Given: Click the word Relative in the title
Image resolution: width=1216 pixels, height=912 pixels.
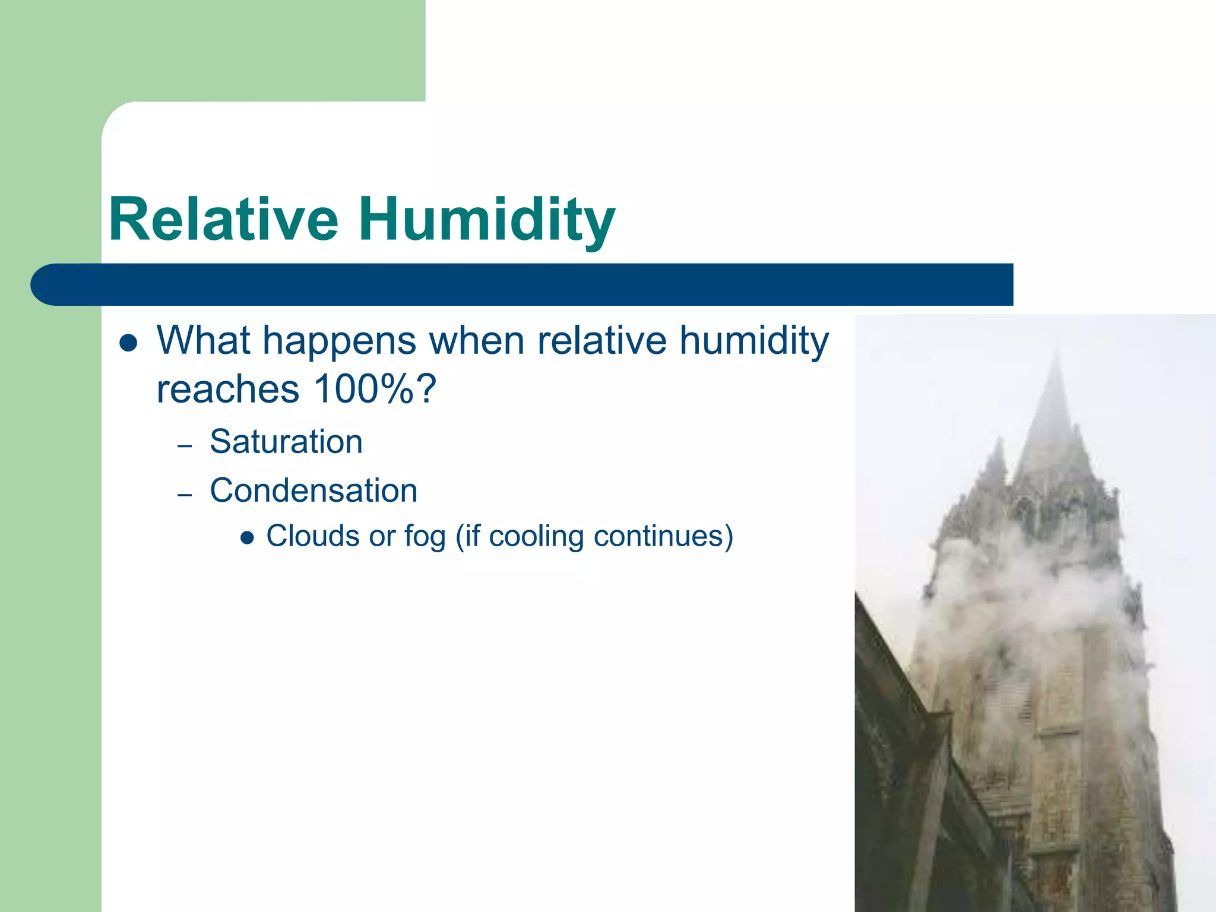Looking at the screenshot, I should pos(224,220).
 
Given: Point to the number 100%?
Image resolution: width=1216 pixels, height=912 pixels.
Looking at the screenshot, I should pos(375,389).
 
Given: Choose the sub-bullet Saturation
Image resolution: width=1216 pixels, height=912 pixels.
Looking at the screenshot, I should pos(286,442).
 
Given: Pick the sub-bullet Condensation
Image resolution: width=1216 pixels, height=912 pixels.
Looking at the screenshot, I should pos(313,491).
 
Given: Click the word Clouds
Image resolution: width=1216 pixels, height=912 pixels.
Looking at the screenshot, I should pos(313,536).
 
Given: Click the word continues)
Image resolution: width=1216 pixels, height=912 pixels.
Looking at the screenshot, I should pos(663,536).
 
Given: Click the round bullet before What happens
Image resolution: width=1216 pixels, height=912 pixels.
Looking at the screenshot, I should pos(128,343).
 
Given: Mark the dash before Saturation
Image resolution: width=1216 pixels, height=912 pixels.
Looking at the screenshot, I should pos(185,445).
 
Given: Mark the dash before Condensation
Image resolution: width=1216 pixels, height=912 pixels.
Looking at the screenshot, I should pos(185,495).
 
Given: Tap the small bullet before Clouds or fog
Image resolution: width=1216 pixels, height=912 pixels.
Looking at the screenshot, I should pos(247,538).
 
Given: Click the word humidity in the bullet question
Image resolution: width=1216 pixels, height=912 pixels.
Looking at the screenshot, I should pos(753,341).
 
